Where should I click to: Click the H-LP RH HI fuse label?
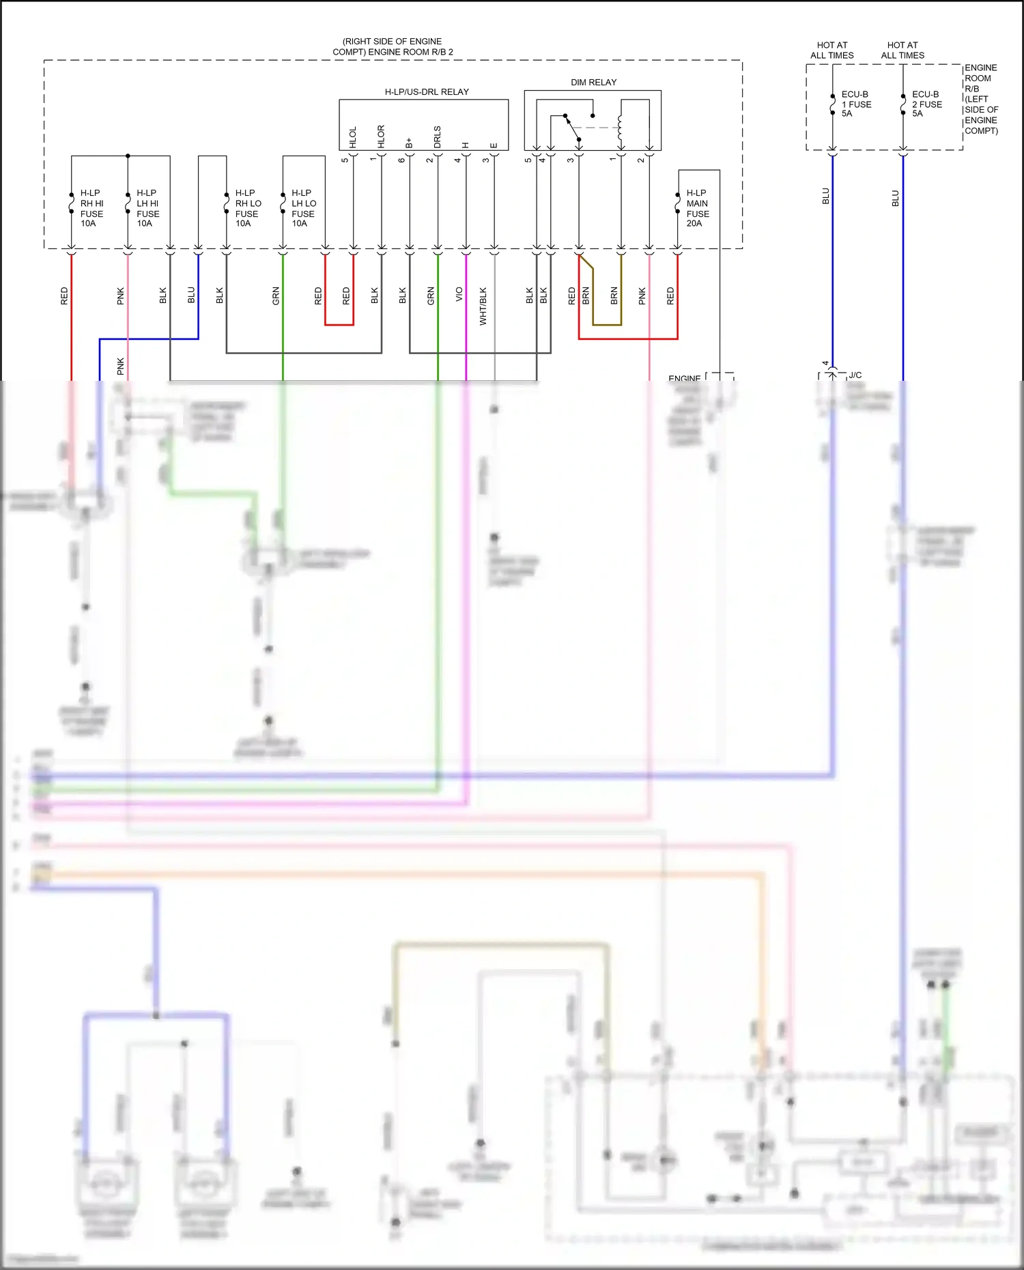pos(91,208)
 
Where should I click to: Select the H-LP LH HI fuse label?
pos(147,208)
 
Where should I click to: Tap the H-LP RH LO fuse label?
pos(248,208)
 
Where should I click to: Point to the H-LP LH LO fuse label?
pos(304,208)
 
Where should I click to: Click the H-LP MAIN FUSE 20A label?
pos(698,208)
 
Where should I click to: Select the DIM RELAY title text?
pos(593,83)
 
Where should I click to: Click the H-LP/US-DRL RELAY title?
pos(427,92)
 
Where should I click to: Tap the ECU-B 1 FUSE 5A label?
pos(856,104)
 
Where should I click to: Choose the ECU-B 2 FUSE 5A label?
pos(926,104)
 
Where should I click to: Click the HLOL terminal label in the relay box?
pos(353,137)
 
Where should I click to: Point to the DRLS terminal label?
pos(438,137)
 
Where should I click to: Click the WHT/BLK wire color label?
pos(483,306)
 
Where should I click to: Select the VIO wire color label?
pos(459,294)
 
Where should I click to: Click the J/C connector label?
pos(855,375)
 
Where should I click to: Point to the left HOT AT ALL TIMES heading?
pos(831,50)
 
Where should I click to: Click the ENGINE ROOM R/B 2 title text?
pos(393,46)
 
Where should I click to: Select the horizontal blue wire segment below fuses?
pos(149,339)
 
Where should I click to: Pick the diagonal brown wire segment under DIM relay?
pos(586,262)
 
